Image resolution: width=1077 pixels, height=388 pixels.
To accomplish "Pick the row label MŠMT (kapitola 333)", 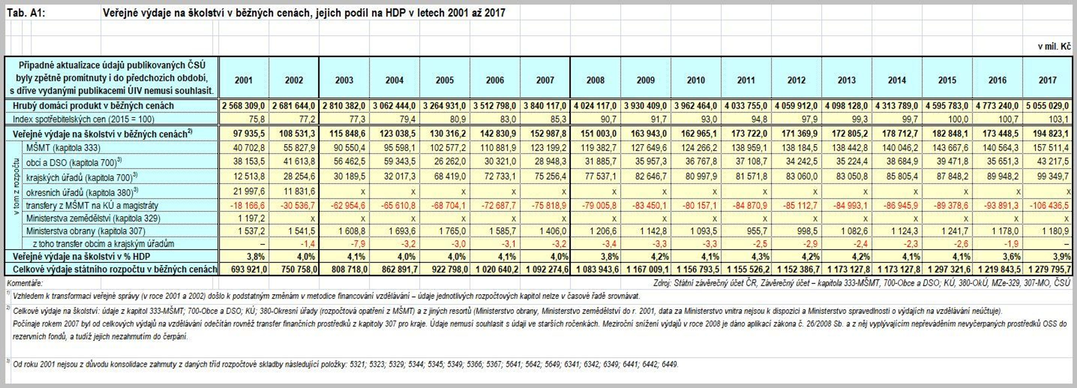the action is click(63, 148).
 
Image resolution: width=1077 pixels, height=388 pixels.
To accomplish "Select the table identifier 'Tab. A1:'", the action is click(25, 13).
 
